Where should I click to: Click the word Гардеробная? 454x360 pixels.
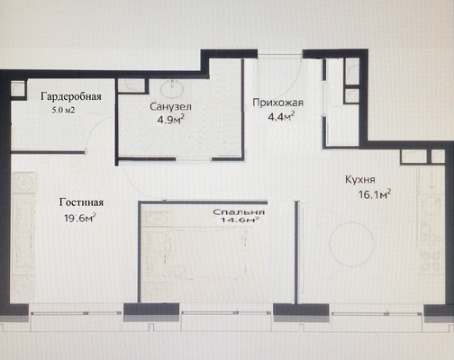pos(71,97)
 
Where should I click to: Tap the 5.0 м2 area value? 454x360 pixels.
pos(63,110)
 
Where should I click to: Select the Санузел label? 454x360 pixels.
pos(170,106)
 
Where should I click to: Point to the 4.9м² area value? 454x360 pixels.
pos(170,120)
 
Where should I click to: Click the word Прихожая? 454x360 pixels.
pos(277,103)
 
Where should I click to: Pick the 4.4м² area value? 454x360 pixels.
pos(281,116)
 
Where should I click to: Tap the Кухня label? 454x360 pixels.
pos(360,180)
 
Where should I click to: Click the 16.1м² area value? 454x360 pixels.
pos(375,195)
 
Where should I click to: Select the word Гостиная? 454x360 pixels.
pos(81,202)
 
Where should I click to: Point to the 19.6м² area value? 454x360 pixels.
pos(80,218)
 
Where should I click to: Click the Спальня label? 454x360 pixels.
pos(239,212)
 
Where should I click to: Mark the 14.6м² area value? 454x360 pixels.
pos(240,220)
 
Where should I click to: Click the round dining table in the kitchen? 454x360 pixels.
pos(351,244)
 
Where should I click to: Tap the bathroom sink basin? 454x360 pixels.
pos(173,89)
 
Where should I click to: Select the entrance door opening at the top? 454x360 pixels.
pos(280,55)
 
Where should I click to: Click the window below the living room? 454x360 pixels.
pos(76,313)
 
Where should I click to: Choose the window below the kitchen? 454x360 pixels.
pos(376,313)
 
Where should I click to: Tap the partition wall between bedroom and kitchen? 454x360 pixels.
pos(296,252)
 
